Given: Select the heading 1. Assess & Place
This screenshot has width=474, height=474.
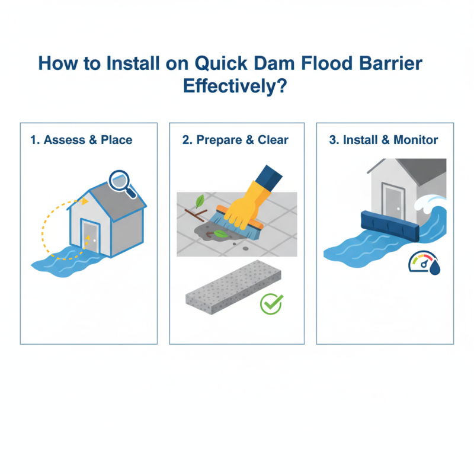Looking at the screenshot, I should coord(81,140).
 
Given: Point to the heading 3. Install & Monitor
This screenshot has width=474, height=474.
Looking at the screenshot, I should coord(383,140).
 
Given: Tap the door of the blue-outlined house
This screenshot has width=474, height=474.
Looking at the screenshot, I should coord(91,235).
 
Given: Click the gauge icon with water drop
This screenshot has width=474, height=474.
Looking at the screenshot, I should coord(424,264).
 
